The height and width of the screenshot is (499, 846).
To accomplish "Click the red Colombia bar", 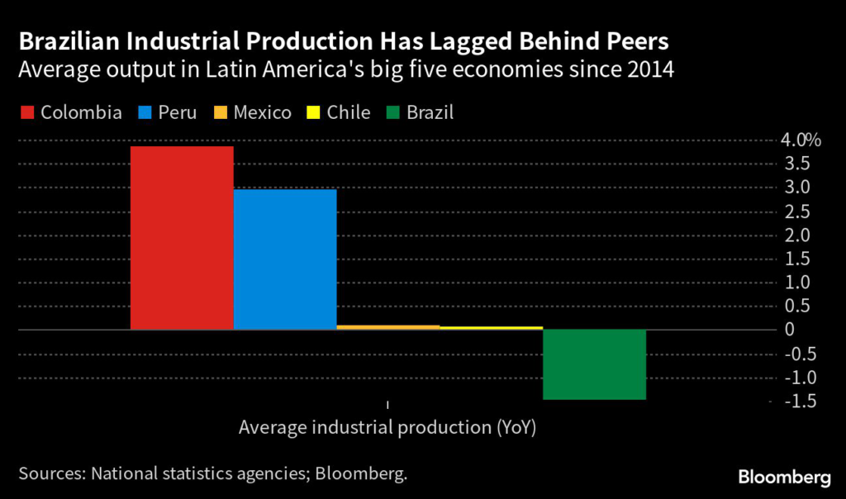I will click(x=182, y=238).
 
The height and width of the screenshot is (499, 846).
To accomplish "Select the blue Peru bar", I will click(x=285, y=259).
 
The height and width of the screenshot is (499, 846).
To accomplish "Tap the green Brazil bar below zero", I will click(x=594, y=364).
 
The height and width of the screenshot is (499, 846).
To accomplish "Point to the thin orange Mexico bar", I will click(x=388, y=327).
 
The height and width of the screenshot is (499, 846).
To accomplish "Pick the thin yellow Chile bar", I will click(x=491, y=328).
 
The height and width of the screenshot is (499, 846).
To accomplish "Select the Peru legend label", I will click(x=178, y=112).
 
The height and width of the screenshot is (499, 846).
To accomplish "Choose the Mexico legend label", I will click(x=263, y=112).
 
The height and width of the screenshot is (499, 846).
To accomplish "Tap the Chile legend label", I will click(x=349, y=112).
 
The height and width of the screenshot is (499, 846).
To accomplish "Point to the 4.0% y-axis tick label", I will click(x=801, y=140).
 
